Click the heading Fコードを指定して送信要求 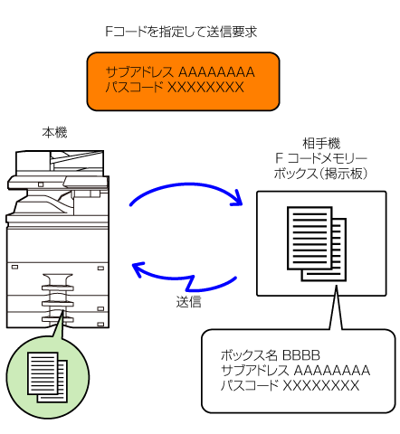(x=181, y=32)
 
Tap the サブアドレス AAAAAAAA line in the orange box (x=180, y=72)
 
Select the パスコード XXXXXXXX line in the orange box (x=175, y=88)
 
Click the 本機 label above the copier (x=54, y=133)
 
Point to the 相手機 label (x=321, y=144)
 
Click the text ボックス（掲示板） (x=320, y=174)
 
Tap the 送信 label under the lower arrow (x=188, y=302)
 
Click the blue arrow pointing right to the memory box (x=187, y=184)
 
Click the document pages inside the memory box (x=317, y=243)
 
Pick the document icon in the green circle (x=47, y=377)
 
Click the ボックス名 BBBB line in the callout (x=271, y=355)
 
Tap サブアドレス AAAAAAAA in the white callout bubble (x=295, y=371)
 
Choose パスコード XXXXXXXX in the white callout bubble (x=290, y=386)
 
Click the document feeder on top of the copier (x=60, y=162)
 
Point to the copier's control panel (x=86, y=183)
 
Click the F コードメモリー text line (x=321, y=158)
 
